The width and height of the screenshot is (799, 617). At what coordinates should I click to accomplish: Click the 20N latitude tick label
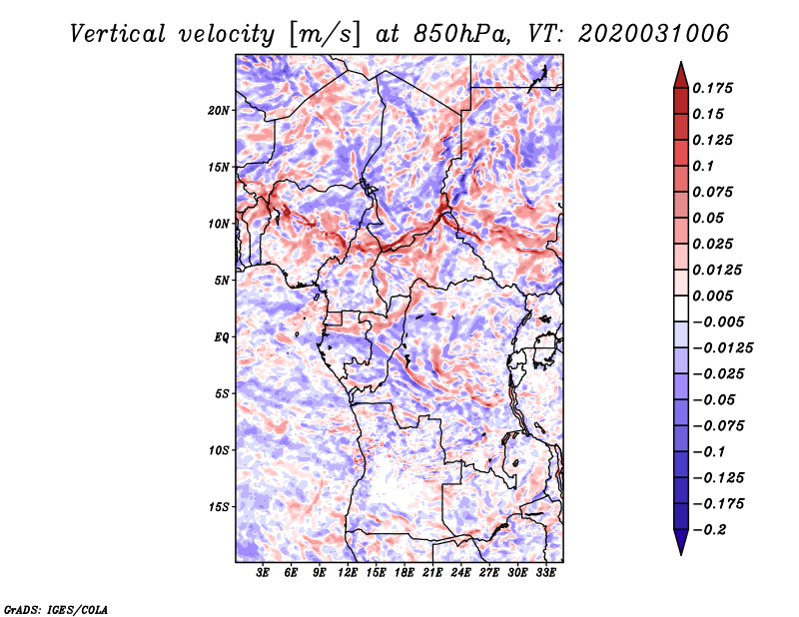[x=219, y=110]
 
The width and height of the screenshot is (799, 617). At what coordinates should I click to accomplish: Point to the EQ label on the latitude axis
[x=221, y=336]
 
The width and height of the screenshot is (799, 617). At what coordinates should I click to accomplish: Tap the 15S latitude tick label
[x=219, y=506]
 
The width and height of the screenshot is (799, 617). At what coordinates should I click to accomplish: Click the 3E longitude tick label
[x=264, y=574]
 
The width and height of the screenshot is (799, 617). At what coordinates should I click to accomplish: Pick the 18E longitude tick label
[x=404, y=574]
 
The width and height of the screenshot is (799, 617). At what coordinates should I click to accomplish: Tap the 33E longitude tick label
[x=545, y=574]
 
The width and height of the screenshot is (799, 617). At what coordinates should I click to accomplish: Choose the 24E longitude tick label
[x=460, y=574]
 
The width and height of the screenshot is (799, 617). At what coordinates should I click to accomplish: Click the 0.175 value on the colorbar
[x=715, y=88]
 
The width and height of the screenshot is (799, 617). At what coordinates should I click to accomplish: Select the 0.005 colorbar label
[x=715, y=296]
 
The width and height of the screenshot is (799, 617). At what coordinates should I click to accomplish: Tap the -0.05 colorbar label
[x=715, y=399]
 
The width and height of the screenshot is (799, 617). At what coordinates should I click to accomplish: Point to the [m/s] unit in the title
[x=325, y=34]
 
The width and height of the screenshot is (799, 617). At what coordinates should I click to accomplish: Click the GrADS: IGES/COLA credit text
[x=56, y=608]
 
